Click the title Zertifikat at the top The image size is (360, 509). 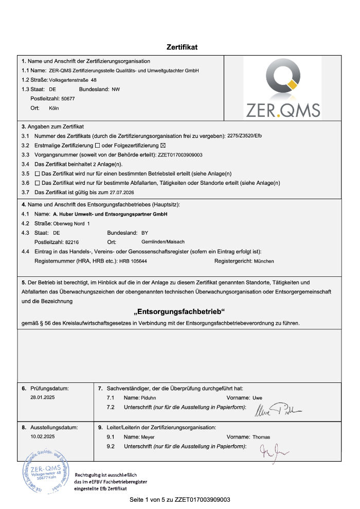[182, 47]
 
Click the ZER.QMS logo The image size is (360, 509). [282, 88]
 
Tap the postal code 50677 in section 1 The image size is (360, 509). [68, 98]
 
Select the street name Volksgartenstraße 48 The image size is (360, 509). [73, 80]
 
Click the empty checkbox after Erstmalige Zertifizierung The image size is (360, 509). [98, 145]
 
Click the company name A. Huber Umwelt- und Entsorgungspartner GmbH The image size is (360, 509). [110, 214]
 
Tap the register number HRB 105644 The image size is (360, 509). [133, 261]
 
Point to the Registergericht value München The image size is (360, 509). [264, 261]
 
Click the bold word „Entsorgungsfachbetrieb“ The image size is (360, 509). [179, 312]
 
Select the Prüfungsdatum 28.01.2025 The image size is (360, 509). [43, 398]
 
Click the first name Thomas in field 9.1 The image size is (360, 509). [261, 437]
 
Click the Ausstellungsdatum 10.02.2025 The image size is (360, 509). [43, 436]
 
